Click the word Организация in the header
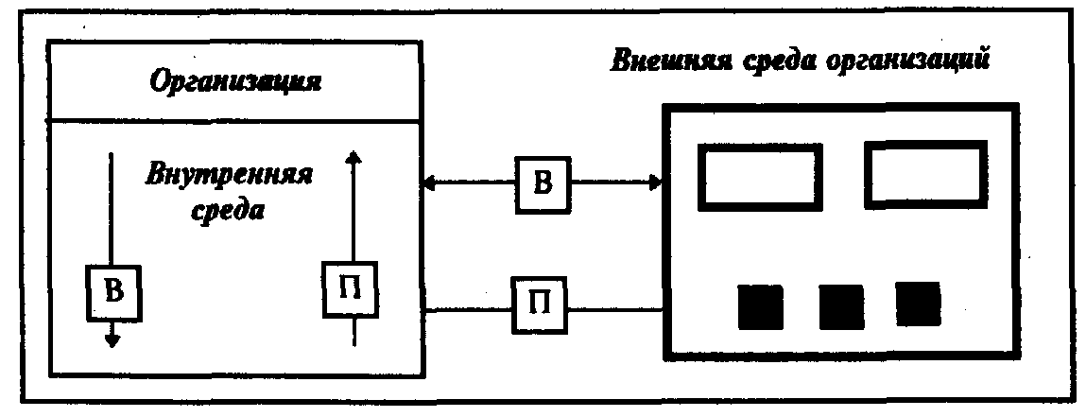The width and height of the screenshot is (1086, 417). (236, 81)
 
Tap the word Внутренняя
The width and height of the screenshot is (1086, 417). (229, 176)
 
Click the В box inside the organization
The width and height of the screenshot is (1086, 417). (112, 292)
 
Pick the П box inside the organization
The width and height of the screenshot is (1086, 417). (353, 292)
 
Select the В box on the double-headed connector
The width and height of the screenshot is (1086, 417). (543, 183)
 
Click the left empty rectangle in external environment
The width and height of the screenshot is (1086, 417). (759, 176)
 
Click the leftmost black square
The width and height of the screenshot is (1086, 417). (760, 305)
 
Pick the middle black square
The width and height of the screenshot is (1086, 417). (841, 305)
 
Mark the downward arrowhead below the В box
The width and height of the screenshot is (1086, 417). (112, 339)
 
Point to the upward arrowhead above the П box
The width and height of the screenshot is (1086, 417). (353, 158)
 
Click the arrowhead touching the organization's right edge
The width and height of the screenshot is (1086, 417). (428, 183)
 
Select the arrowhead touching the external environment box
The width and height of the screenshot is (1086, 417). (654, 183)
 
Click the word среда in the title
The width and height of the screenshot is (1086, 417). (781, 61)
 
